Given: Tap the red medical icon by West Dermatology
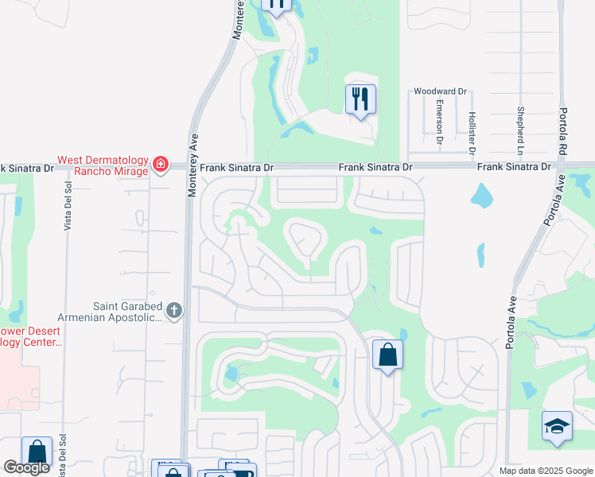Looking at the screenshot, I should click(x=161, y=165).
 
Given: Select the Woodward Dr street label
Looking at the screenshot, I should click(x=440, y=91).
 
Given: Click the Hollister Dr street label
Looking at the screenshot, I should click(x=472, y=127).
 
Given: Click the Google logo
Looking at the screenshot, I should click(x=26, y=468).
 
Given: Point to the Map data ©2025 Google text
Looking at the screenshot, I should click(x=545, y=471).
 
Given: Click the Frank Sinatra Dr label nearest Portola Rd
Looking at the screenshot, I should click(x=514, y=167).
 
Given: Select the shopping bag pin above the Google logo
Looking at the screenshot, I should click(x=37, y=452).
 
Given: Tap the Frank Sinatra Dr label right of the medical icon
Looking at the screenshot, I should click(x=236, y=168).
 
